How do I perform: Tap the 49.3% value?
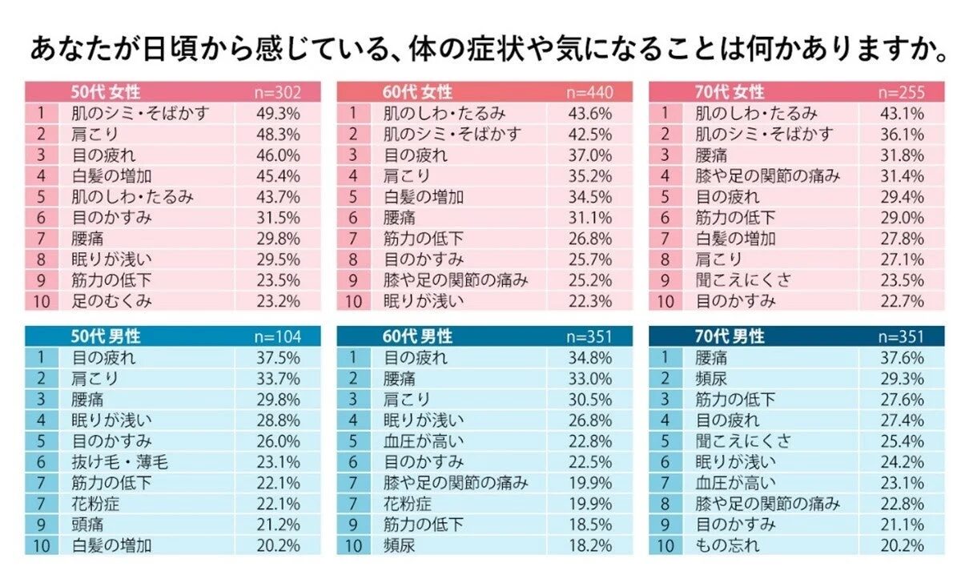278,113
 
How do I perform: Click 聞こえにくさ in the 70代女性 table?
743,280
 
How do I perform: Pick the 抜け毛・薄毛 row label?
120,462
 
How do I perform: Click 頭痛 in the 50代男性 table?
87,525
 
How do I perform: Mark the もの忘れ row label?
727,545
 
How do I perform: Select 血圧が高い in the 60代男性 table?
424,441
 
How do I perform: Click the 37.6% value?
903,358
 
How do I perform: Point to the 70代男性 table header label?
730,337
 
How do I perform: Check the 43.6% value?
590,113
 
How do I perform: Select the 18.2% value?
590,545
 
